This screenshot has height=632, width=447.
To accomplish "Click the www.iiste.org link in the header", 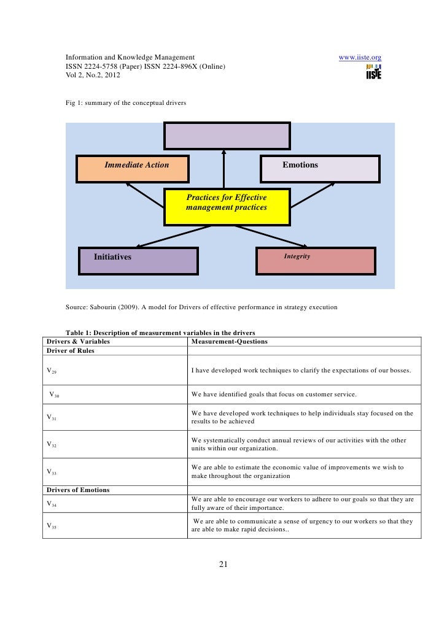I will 360,58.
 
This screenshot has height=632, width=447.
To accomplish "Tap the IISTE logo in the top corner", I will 373,72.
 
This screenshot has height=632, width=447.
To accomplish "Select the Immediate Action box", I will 133,169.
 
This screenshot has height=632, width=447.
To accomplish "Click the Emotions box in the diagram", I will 321,169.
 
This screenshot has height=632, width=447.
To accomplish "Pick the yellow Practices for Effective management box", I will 227,207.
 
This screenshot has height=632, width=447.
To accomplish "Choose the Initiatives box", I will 138,261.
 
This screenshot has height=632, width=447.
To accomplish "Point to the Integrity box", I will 314,261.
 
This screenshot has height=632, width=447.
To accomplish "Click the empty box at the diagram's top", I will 227,135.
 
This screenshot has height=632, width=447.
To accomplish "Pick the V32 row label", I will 52,445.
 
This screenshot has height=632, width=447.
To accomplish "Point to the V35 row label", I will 52,526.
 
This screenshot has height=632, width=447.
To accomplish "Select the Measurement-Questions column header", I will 230,341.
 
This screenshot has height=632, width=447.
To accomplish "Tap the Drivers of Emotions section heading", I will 78,490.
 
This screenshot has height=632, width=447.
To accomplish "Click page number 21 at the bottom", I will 223,565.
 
